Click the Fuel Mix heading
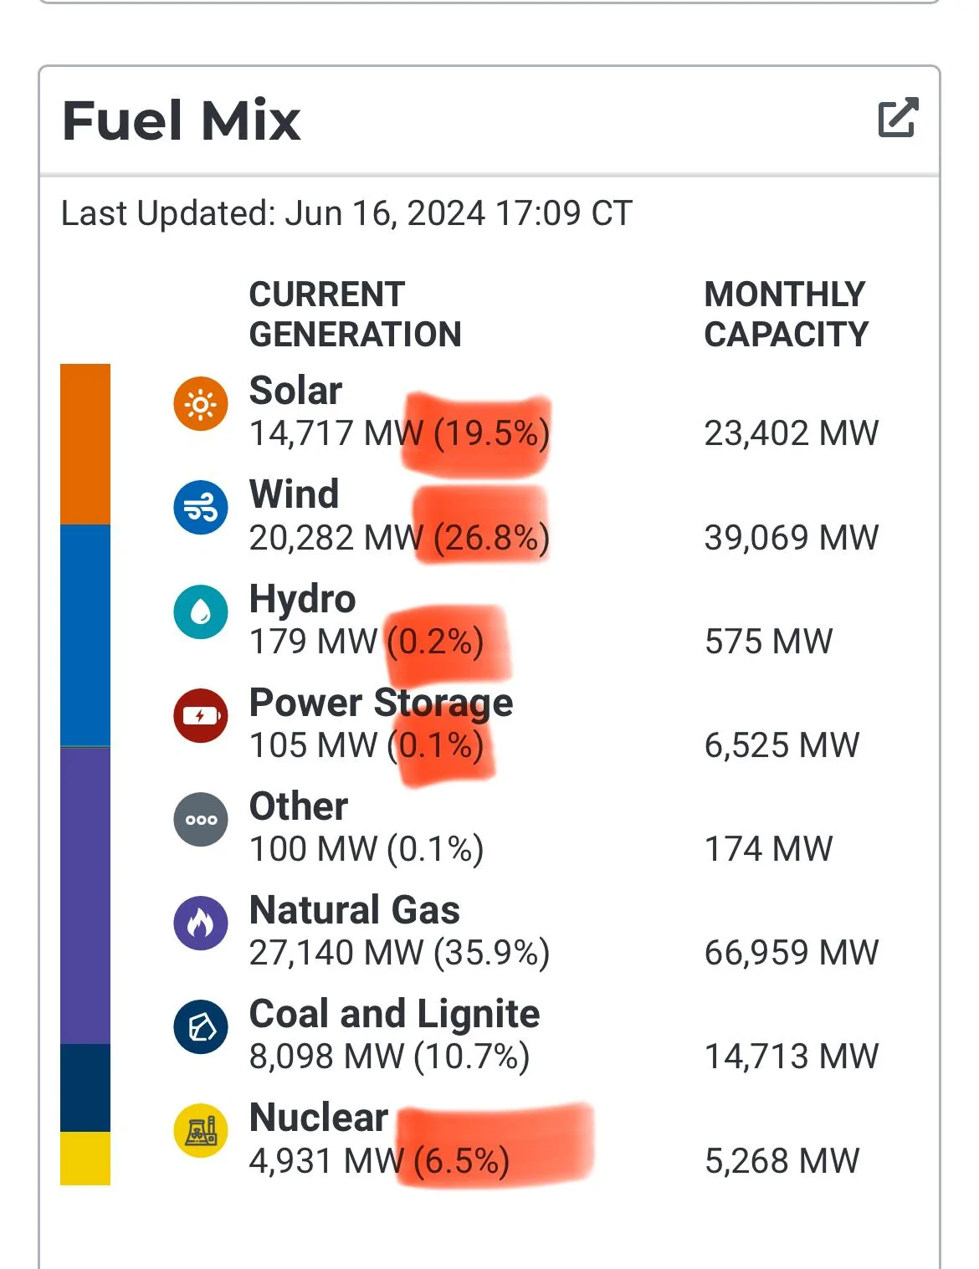pos(181,121)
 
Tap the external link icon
pos(899,117)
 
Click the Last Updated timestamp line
pos(346,213)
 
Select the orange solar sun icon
pos(200,403)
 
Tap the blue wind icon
pos(200,508)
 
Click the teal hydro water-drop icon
pos(200,611)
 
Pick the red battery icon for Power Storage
pos(200,715)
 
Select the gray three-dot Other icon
pos(200,819)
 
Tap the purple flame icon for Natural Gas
pos(200,924)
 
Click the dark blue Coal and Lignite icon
pos(200,1027)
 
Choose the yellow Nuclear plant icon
pos(200,1131)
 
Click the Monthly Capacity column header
pos(787,315)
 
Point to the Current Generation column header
pos(355,315)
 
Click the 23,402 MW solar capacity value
pos(792,433)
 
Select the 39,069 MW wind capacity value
pos(792,537)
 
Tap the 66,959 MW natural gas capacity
pos(792,953)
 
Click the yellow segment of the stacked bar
pos(85,1159)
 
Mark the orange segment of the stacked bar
pos(85,444)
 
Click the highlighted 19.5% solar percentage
pos(491,434)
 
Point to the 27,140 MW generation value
pos(336,953)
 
